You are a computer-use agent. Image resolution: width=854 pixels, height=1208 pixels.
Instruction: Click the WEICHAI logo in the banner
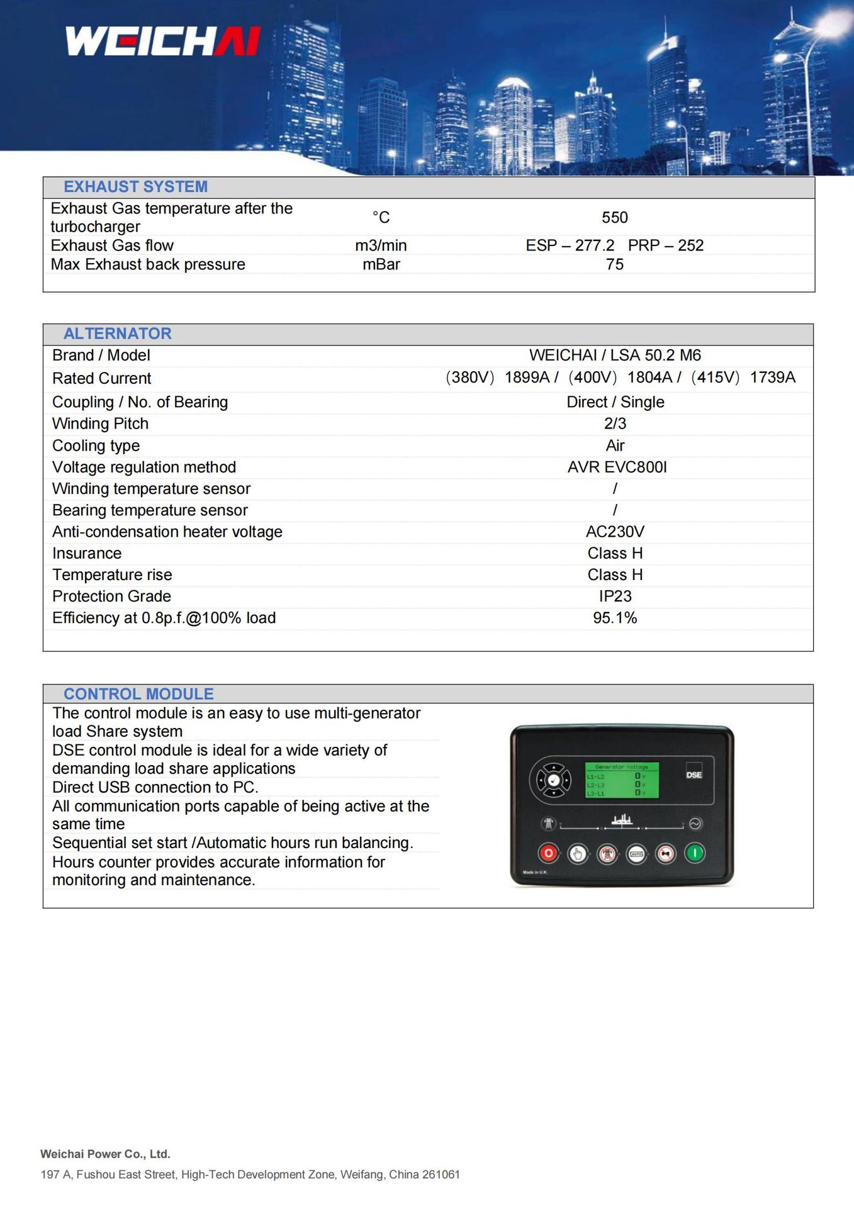pyautogui.click(x=162, y=41)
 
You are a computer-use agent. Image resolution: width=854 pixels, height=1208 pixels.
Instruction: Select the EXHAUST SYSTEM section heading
pyautogui.click(x=135, y=187)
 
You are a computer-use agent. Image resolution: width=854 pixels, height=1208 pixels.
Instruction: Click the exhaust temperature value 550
pyautogui.click(x=614, y=218)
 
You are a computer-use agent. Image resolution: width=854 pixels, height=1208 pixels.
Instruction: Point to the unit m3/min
pyautogui.click(x=381, y=245)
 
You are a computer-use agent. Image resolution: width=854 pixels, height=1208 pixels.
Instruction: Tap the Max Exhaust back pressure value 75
pyautogui.click(x=614, y=264)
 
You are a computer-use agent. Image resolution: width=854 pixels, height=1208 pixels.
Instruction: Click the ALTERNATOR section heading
pyautogui.click(x=117, y=333)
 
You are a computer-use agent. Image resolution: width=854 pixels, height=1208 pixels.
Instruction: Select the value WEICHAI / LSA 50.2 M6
pyautogui.click(x=614, y=355)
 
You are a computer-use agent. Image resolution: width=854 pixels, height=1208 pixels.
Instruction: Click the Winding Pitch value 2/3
pyautogui.click(x=614, y=423)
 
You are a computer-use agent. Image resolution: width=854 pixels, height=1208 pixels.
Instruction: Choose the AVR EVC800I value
pyautogui.click(x=617, y=467)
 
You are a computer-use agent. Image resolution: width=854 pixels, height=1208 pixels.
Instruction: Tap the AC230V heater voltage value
pyautogui.click(x=614, y=532)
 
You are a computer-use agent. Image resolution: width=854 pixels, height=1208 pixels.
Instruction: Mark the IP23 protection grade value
pyautogui.click(x=614, y=596)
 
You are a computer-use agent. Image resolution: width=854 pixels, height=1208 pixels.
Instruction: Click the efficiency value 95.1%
pyautogui.click(x=614, y=618)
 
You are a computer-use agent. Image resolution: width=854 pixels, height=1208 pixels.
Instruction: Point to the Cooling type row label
pyautogui.click(x=96, y=445)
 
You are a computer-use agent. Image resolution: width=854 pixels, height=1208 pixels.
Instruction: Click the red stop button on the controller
pyautogui.click(x=548, y=854)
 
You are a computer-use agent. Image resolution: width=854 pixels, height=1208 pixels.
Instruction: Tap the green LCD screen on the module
pyautogui.click(x=622, y=780)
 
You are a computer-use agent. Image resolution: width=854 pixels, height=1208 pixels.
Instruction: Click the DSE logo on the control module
pyautogui.click(x=694, y=775)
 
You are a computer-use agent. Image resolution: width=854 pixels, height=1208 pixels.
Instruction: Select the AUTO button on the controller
pyautogui.click(x=636, y=854)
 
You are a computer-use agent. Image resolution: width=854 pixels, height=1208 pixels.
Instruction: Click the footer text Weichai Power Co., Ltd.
pyautogui.click(x=105, y=1154)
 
